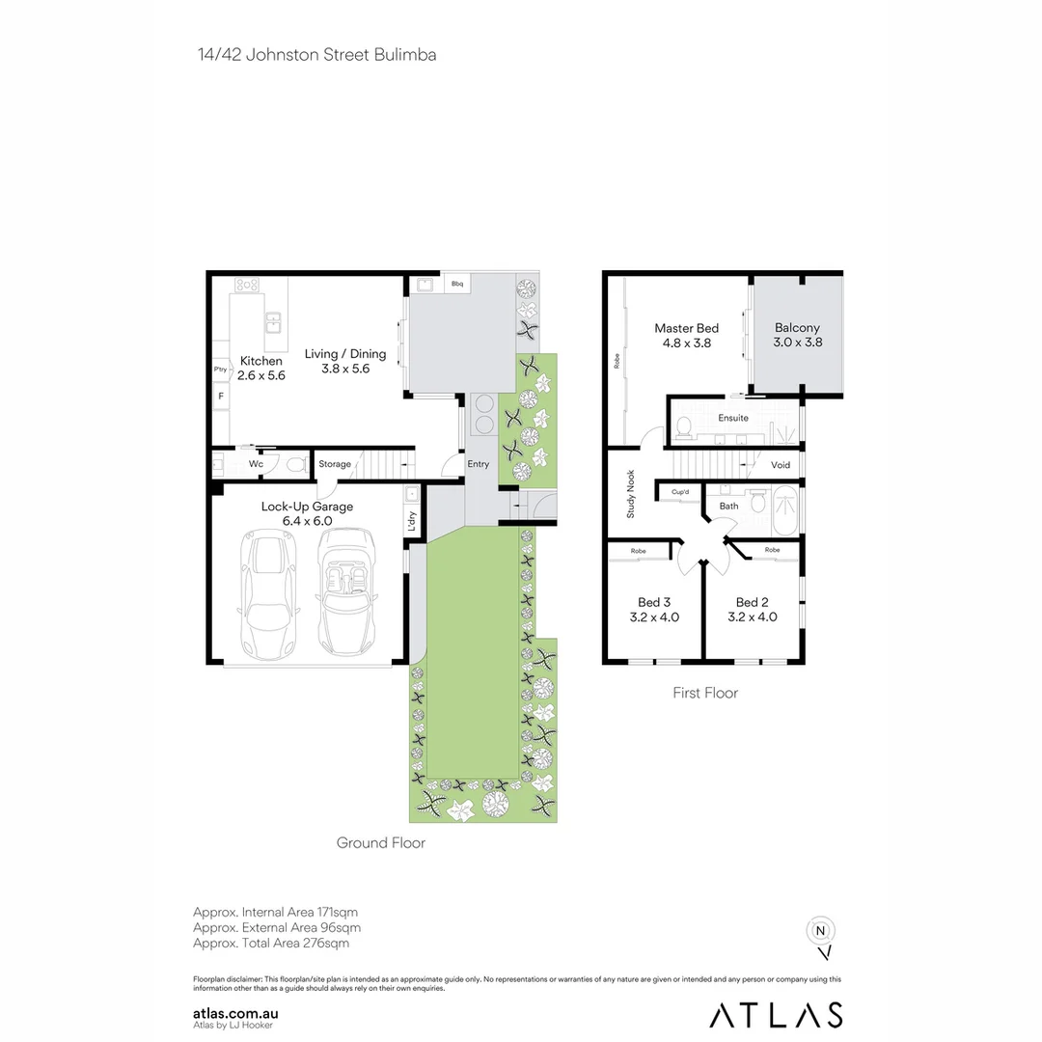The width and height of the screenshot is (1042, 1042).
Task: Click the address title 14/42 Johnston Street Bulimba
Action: [316, 55]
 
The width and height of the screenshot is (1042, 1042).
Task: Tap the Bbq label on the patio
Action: [457, 284]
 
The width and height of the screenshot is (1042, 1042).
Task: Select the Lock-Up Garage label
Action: [307, 507]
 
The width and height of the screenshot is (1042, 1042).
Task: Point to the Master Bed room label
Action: [686, 329]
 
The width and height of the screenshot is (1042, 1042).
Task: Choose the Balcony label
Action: [797, 328]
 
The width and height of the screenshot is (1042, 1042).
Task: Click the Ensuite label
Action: [732, 418]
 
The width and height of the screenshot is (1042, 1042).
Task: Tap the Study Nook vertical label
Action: [631, 494]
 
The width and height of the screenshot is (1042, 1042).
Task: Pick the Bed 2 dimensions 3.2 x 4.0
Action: [752, 617]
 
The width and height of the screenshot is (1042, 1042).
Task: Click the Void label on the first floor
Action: [781, 465]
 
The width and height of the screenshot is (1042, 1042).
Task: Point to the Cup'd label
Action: [680, 492]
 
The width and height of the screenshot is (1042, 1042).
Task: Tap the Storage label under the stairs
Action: [335, 465]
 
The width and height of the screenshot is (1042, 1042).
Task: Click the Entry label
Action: [478, 464]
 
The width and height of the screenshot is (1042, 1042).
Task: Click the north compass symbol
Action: [820, 933]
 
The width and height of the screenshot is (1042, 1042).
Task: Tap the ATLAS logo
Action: [776, 1015]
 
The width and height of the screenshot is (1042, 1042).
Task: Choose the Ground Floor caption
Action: [380, 842]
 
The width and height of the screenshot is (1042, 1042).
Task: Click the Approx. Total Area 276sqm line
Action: [271, 943]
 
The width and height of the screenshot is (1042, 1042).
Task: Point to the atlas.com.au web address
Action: [236, 1013]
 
